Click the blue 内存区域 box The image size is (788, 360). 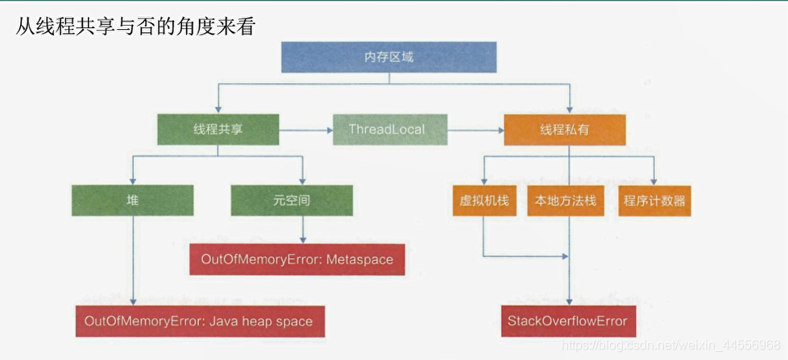pos(388,57)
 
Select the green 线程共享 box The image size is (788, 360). pos(218,129)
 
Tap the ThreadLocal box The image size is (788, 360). pos(390,129)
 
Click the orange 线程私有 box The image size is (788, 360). pos(564,129)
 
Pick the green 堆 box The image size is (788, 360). pos(132,201)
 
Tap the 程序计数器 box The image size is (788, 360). pos(653,201)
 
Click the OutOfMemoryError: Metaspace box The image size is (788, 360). pos(297,259)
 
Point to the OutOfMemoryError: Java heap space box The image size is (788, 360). pos(199,321)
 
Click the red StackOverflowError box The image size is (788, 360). pos(567,321)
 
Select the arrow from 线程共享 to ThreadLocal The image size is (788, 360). pos(306,129)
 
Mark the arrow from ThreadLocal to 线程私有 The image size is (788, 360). pos(475,129)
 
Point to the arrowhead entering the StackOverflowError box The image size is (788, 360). pos(570,301)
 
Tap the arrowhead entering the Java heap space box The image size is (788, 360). pos(132,301)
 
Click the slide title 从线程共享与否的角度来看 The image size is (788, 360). pos(135,27)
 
